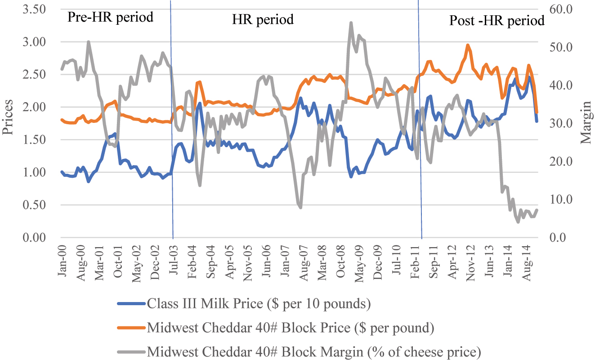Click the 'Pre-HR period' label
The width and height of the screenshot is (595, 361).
tap(110, 18)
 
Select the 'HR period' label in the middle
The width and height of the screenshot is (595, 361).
tap(263, 19)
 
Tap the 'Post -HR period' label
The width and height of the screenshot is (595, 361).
tap(497, 21)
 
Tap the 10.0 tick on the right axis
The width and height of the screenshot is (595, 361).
tap(559, 199)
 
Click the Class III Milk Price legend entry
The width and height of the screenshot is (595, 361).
tap(259, 304)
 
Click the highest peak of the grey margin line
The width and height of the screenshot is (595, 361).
tap(351, 23)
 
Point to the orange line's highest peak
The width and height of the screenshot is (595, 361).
tap(468, 45)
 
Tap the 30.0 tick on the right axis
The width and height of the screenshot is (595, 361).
tap(559, 123)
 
